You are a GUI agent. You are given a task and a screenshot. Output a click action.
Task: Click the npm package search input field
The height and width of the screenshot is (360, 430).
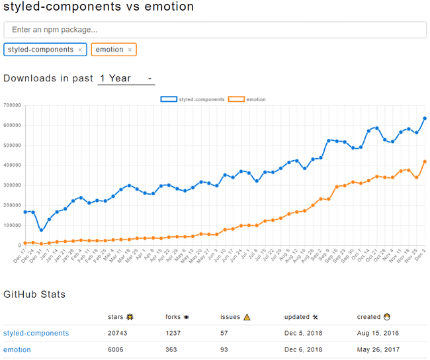coord(215,30)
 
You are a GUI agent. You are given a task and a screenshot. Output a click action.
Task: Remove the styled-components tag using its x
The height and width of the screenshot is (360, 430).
coord(80,50)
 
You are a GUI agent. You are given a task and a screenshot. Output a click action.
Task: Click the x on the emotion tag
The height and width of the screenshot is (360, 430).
coord(130,50)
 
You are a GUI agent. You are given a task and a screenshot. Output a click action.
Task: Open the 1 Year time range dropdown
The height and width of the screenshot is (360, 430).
coord(126,78)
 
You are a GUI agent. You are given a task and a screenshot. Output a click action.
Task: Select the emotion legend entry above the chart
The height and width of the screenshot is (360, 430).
coord(248,99)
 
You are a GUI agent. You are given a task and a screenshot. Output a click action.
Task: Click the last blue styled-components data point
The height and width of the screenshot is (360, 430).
coord(425,118)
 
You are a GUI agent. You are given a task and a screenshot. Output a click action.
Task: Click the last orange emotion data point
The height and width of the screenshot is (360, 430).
coord(425,161)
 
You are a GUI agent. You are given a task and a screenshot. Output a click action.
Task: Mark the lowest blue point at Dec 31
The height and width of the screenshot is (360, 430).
coord(41,230)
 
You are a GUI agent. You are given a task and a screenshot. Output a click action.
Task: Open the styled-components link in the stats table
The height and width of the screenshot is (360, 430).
coord(36,333)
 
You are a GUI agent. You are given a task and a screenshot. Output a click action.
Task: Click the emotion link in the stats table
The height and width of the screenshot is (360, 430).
coord(17,350)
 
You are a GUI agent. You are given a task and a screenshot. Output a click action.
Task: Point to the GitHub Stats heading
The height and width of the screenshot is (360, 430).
coord(34,293)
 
